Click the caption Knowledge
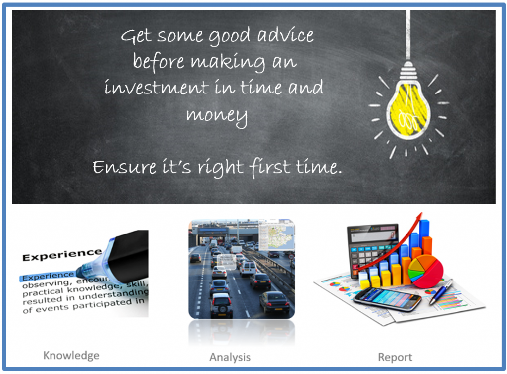tap(71, 355)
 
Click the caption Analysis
tap(230, 357)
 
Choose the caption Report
tap(395, 357)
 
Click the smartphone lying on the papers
tap(386, 298)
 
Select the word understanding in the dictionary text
tap(117, 293)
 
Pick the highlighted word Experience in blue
tap(47, 275)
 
